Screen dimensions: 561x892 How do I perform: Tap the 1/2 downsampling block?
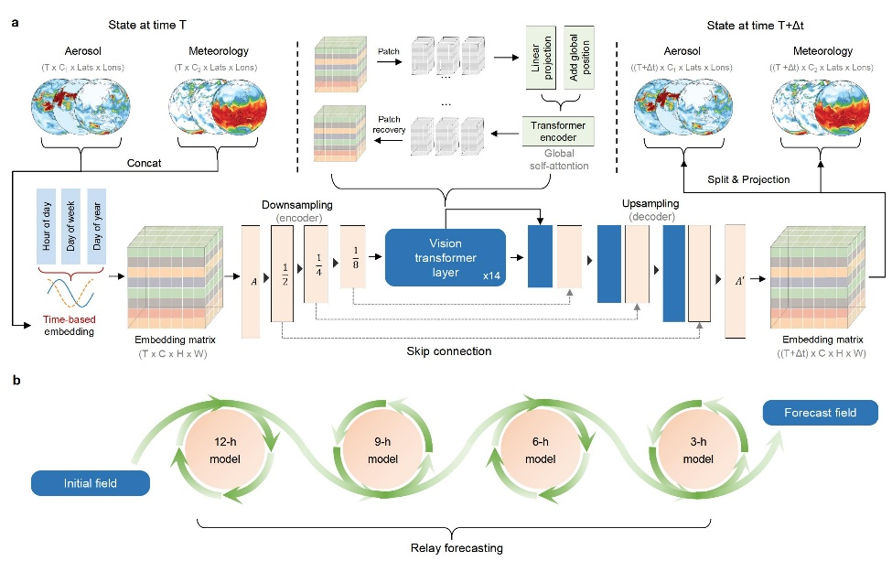282,271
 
